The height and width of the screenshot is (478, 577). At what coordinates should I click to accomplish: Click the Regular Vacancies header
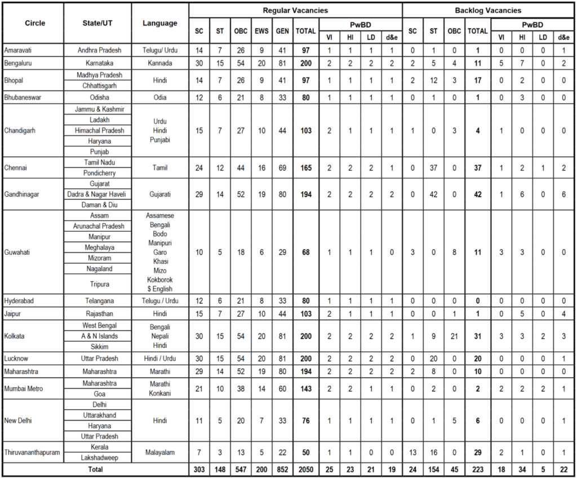(x=295, y=10)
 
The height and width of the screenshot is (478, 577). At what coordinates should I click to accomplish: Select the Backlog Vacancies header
(x=487, y=10)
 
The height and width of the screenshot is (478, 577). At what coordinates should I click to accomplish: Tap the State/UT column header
(x=97, y=23)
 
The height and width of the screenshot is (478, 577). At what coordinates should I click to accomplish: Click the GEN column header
(x=282, y=32)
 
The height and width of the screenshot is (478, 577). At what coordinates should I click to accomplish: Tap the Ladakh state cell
(x=97, y=119)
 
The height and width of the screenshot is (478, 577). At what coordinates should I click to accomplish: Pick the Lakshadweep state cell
(x=97, y=457)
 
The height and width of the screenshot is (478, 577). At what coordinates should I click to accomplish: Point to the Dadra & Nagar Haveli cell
(x=97, y=193)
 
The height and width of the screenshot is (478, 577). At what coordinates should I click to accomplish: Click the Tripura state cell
(x=97, y=284)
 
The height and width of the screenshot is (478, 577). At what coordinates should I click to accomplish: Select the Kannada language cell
(x=160, y=63)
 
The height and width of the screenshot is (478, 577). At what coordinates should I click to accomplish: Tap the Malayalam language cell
(x=160, y=452)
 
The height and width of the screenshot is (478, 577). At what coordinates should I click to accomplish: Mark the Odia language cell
(x=160, y=98)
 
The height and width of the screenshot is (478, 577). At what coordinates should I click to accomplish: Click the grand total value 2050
(x=305, y=469)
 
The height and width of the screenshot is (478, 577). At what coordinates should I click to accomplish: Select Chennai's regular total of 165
(x=305, y=167)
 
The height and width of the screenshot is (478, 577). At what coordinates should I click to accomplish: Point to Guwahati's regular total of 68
(x=305, y=252)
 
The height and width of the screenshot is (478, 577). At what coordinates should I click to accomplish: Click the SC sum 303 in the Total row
(x=199, y=469)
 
